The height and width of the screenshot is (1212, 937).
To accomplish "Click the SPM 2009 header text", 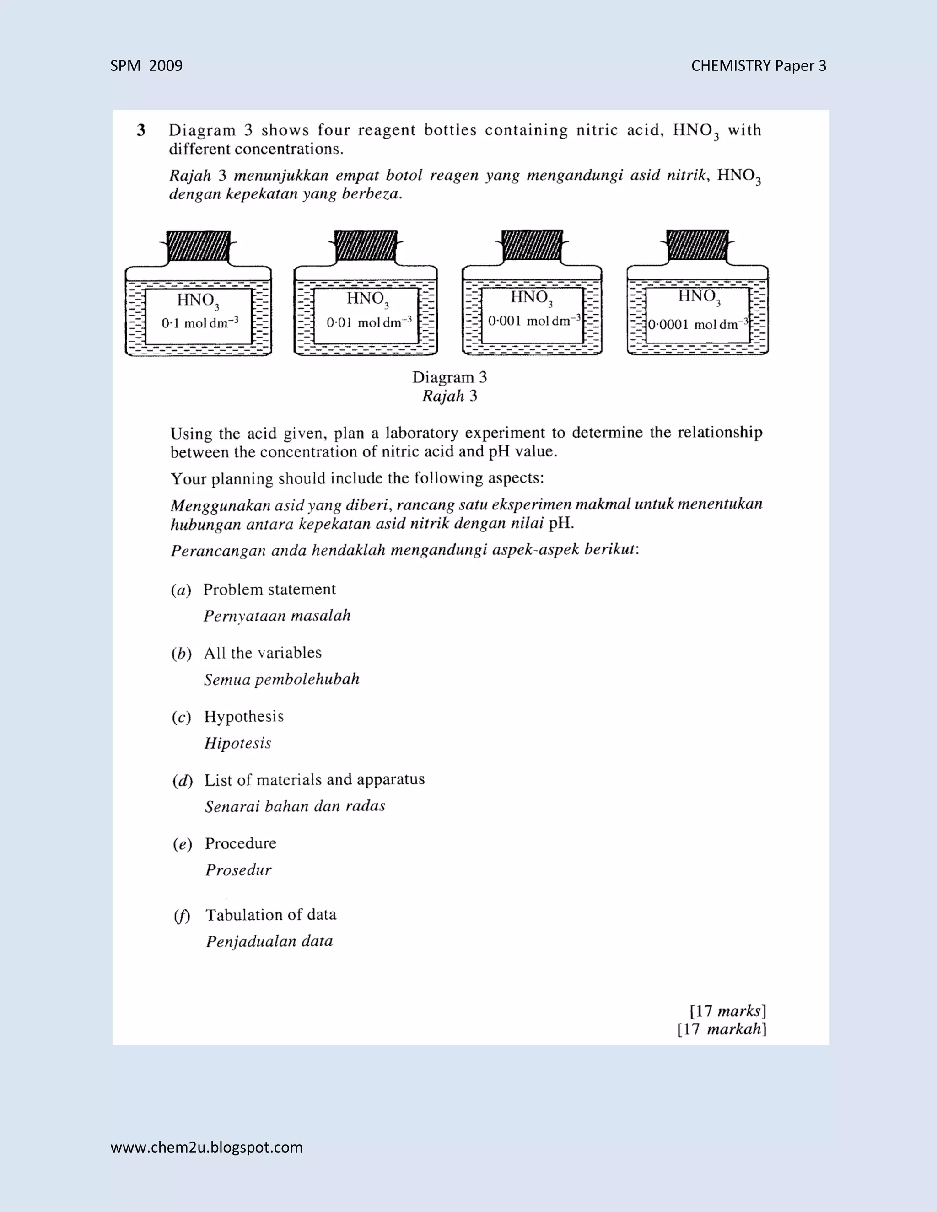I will tap(146, 66).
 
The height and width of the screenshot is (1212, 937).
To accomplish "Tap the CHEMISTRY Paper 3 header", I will tap(758, 66).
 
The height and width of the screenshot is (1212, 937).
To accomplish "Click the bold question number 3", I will tap(141, 130).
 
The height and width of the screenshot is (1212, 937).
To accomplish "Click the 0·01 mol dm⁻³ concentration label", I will tap(369, 322).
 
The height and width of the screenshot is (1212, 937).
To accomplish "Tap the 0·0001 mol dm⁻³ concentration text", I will tap(698, 324).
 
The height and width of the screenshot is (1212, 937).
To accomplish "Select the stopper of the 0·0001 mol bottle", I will tap(697, 245).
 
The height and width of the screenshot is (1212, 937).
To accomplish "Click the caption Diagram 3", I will tap(449, 377).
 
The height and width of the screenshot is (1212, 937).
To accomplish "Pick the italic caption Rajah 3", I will tap(449, 396).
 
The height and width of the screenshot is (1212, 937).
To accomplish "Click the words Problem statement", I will tap(269, 590).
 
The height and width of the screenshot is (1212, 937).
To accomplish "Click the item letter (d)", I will tap(182, 781).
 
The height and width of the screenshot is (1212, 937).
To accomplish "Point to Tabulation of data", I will tap(271, 915).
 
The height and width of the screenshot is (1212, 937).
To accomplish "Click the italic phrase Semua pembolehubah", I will tap(281, 680).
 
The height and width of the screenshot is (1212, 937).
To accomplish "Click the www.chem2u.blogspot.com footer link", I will tap(206, 1147).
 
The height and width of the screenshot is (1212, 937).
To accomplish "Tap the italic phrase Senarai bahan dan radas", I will tap(295, 806).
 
